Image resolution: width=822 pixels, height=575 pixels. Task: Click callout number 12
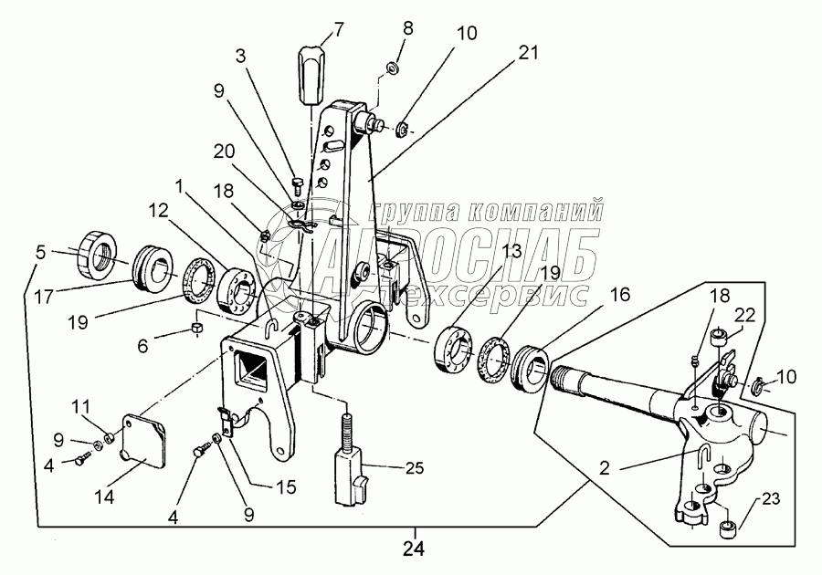pyautogui.click(x=160, y=209)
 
